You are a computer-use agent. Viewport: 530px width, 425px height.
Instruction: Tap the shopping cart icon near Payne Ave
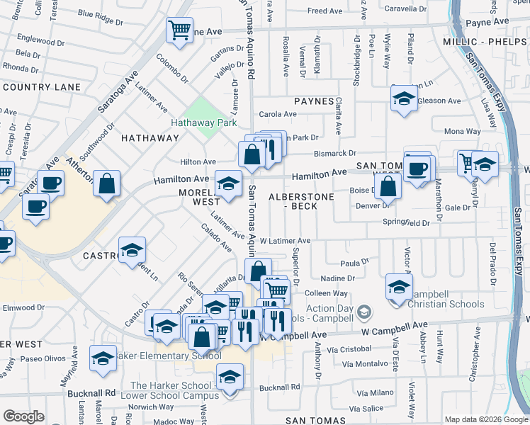179,30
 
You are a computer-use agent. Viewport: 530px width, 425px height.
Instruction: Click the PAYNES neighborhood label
314,101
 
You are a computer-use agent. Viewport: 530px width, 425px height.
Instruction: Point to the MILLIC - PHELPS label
485,42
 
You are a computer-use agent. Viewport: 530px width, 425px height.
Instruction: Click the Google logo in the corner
23,416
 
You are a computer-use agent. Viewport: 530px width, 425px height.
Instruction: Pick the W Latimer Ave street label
285,241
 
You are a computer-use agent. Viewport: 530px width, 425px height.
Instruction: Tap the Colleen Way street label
326,293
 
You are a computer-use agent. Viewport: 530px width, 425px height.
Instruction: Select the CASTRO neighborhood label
99,255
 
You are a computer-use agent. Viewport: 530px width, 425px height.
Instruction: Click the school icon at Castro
132,250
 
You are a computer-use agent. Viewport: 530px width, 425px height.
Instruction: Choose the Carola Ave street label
278,114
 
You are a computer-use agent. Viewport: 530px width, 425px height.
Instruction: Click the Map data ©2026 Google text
486,419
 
